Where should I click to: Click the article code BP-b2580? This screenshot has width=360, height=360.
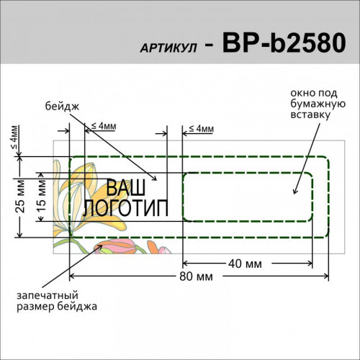click(284, 43)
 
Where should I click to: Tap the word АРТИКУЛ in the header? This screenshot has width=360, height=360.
click(168, 48)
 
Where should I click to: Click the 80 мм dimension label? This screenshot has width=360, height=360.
click(196, 276)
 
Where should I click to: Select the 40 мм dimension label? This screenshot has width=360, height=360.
click(245, 264)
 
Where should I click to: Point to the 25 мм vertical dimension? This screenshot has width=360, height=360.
click(20, 197)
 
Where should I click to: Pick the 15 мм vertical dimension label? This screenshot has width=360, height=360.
click(41, 196)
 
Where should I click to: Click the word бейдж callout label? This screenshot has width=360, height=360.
click(62, 107)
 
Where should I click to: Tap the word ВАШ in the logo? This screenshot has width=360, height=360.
click(125, 187)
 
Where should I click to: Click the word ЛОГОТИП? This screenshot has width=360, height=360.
click(125, 207)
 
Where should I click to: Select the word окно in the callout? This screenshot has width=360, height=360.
click(302, 93)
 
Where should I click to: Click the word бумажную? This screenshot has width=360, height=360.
click(318, 104)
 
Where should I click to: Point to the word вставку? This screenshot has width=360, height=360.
click(310, 114)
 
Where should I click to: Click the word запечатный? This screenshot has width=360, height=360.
click(48, 295)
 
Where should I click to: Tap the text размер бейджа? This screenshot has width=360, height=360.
click(57, 307)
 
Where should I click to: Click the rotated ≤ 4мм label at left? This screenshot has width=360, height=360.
click(14, 138)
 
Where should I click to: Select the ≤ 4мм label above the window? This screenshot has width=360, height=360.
click(202, 129)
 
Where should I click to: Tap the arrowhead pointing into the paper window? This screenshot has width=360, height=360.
click(295, 192)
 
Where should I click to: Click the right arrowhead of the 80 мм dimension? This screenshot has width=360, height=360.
click(326, 276)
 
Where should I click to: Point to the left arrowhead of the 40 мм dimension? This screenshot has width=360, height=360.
click(185, 264)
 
